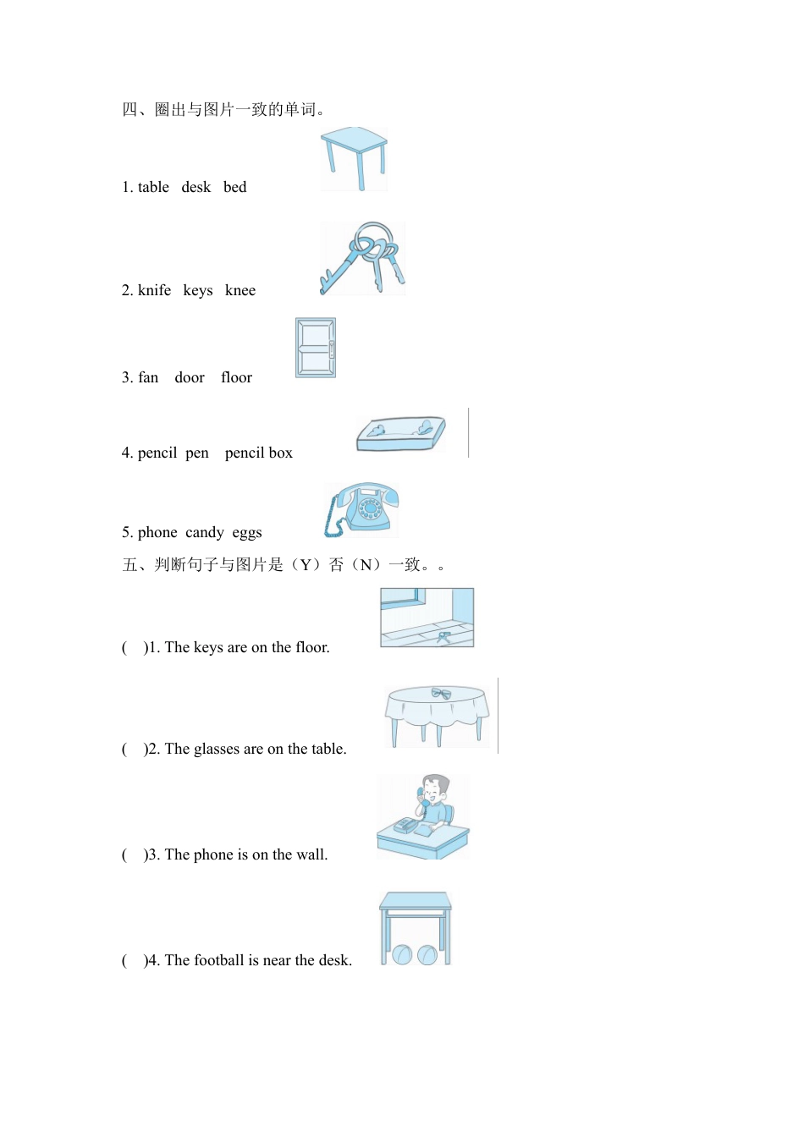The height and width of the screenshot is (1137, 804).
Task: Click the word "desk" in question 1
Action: [x=195, y=187]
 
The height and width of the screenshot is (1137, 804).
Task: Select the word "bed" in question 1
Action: [x=235, y=187]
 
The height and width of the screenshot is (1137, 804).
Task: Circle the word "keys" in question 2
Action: [x=198, y=291]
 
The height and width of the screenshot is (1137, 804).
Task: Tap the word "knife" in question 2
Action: [x=154, y=290]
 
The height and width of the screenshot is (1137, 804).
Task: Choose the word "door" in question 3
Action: [x=190, y=377]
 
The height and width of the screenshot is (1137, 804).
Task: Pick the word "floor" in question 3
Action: [x=236, y=377]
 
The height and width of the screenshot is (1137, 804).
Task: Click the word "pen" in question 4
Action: [x=197, y=453]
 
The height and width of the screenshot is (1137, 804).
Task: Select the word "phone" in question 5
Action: [x=157, y=533]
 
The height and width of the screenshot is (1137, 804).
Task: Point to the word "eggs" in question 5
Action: [x=247, y=533]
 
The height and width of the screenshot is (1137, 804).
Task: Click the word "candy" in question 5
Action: [x=205, y=533]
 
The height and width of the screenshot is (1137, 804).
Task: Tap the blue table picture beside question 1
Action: [x=355, y=158]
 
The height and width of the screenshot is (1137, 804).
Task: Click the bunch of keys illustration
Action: [x=363, y=258]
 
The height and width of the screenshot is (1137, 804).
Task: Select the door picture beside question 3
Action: [x=316, y=348]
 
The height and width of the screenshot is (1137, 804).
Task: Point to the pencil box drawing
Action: [x=401, y=434]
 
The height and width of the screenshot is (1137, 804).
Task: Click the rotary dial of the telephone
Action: [x=369, y=509]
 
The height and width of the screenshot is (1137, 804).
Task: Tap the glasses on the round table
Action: [x=441, y=694]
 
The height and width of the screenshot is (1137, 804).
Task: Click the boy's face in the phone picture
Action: [x=435, y=794]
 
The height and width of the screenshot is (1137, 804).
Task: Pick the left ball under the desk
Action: [x=402, y=954]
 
